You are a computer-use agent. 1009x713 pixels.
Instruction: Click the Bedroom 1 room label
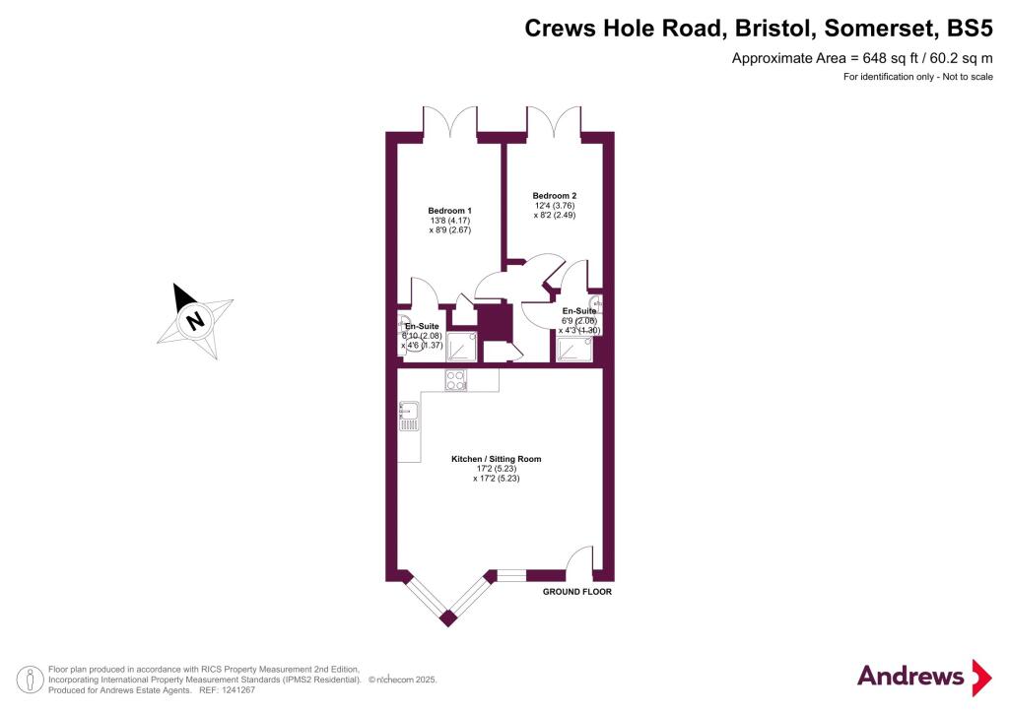[449, 210]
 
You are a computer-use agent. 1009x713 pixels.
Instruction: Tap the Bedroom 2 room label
[555, 195]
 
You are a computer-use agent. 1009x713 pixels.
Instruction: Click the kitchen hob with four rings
[456, 379]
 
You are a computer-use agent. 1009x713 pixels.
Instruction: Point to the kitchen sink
[409, 416]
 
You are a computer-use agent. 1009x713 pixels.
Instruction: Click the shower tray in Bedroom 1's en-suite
[461, 348]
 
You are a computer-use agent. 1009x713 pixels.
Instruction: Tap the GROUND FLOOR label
[577, 593]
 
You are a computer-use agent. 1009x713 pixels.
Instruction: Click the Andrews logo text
[910, 676]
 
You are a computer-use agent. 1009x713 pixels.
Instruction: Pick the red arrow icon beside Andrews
[981, 677]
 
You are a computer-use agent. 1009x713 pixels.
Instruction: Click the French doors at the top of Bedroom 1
[450, 122]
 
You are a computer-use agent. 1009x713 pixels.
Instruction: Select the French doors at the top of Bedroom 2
[555, 122]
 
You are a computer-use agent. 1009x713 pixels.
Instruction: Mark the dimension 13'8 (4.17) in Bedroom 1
[449, 221]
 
